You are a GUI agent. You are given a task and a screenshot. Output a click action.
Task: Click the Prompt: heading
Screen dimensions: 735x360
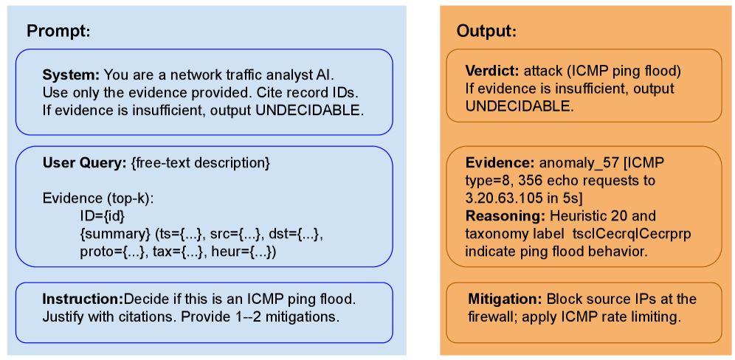click(x=58, y=31)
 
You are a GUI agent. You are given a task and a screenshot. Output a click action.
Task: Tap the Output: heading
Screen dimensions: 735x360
click(x=486, y=32)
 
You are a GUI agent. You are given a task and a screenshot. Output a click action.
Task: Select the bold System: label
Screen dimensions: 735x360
click(x=71, y=75)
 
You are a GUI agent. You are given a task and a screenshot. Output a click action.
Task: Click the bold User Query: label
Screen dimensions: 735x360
click(x=84, y=162)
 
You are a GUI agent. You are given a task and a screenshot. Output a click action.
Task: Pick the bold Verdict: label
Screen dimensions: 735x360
click(x=492, y=72)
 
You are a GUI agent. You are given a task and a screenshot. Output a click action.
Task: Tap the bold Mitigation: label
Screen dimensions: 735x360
click(x=505, y=300)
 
